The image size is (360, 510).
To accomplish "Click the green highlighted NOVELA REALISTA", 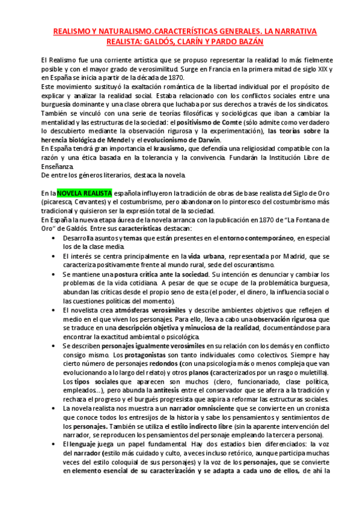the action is [x=84, y=193].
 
